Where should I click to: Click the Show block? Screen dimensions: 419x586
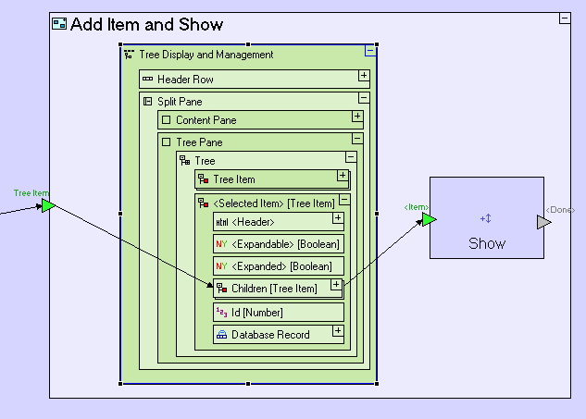pyautogui.click(x=486, y=217)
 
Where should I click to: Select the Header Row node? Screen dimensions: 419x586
pyautogui.click(x=185, y=80)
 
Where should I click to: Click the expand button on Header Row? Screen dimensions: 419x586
pyautogui.click(x=364, y=76)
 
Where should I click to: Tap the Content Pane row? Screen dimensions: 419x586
pyautogui.click(x=206, y=120)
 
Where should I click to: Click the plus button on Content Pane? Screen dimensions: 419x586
pyautogui.click(x=357, y=117)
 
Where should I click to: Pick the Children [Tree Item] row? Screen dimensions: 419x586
pyautogui.click(x=273, y=289)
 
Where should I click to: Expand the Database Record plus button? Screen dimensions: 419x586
pyautogui.click(x=337, y=330)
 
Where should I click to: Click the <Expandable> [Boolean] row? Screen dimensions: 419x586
pyautogui.click(x=278, y=244)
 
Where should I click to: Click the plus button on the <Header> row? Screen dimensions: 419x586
pyautogui.click(x=338, y=218)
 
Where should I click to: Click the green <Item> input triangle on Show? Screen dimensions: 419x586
pyautogui.click(x=429, y=219)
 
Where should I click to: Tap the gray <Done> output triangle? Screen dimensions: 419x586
pyautogui.click(x=544, y=222)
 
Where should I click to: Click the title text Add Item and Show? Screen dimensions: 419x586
pyautogui.click(x=146, y=25)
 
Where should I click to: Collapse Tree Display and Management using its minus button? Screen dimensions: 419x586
pyautogui.click(x=370, y=52)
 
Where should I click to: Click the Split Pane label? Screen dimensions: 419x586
pyautogui.click(x=180, y=101)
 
